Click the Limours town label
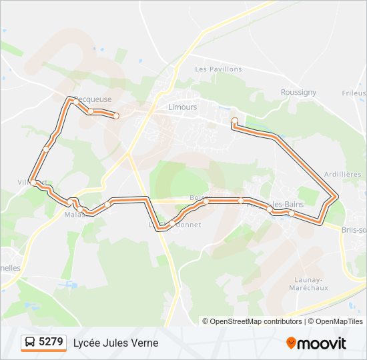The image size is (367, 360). (183, 107)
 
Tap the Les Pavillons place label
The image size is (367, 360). (218, 69)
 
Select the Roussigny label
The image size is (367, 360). (298, 93)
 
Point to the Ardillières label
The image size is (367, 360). (342, 174)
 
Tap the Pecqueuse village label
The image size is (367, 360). (93, 99)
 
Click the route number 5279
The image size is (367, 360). (51, 342)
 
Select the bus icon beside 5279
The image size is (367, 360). (30, 343)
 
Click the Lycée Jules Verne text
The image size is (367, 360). (116, 343)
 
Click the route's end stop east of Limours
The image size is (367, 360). (234, 121)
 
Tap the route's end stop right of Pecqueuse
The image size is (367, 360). (116, 116)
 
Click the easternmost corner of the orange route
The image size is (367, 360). (337, 197)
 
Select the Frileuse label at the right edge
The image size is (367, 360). (354, 94)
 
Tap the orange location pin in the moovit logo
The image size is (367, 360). (292, 343)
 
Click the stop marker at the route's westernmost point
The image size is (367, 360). (33, 182)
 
